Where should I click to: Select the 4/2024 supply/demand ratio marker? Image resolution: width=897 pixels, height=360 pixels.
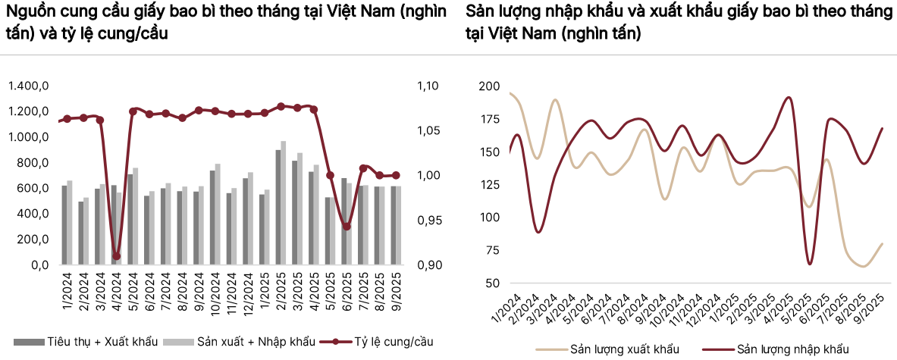116,256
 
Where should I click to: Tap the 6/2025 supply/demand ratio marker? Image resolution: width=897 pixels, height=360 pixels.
347,226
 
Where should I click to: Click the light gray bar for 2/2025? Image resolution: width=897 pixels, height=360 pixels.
284,202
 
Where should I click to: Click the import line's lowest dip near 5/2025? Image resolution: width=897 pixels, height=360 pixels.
811,264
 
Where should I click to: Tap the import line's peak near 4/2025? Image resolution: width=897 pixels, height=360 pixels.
789,98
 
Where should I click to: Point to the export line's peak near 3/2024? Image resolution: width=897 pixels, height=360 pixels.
555,100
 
